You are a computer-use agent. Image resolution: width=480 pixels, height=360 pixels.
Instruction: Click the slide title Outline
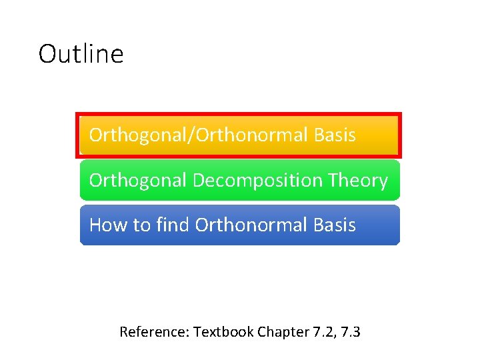(81, 54)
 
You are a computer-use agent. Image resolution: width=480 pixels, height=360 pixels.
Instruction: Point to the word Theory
(358, 181)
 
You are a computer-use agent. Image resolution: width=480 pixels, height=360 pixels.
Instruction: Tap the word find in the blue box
(172, 225)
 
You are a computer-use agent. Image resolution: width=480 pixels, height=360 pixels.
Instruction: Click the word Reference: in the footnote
(154, 331)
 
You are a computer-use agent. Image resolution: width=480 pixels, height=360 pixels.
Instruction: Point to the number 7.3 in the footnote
(351, 331)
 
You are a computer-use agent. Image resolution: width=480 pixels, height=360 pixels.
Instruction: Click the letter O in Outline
(47, 54)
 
